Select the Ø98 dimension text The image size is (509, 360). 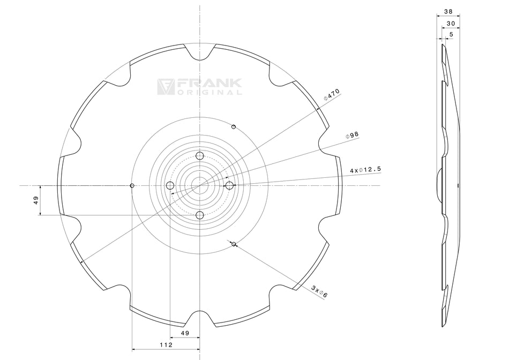pos(352,136)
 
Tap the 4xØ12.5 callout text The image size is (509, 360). pos(365,170)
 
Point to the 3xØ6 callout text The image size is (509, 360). pos(319,291)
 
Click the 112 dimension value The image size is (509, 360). pos(166,345)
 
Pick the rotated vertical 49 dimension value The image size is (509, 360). pos(36,200)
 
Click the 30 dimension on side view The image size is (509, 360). pos(451,24)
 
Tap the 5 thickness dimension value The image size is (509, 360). pos(451,34)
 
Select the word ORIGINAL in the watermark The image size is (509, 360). pos(209,92)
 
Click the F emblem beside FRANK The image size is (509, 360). pos(165,87)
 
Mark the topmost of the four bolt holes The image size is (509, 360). pos(200,156)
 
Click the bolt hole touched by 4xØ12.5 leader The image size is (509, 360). pos(229,185)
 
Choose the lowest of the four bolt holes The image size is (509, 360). pos(200,215)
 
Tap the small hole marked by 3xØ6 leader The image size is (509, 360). pos(234,244)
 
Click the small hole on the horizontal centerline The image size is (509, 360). pos(132,185)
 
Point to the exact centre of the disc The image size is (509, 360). pos(200,185)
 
